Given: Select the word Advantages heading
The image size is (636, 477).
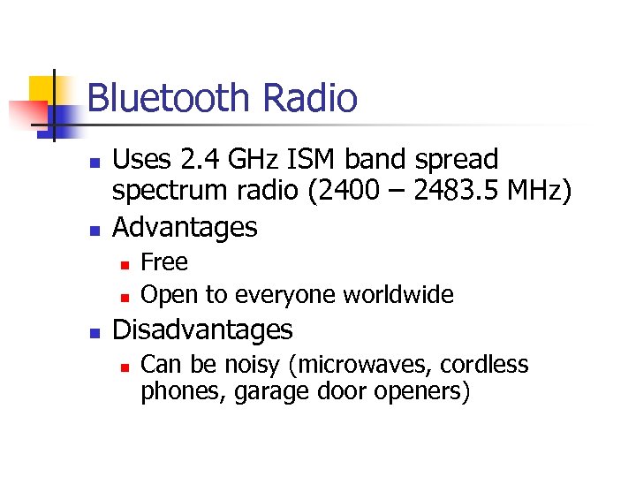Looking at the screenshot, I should click(185, 228).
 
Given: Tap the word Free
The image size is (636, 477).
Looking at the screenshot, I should click(164, 262).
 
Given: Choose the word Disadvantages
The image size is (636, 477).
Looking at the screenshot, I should click(203, 330).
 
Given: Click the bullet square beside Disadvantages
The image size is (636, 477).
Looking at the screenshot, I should click(94, 333).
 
